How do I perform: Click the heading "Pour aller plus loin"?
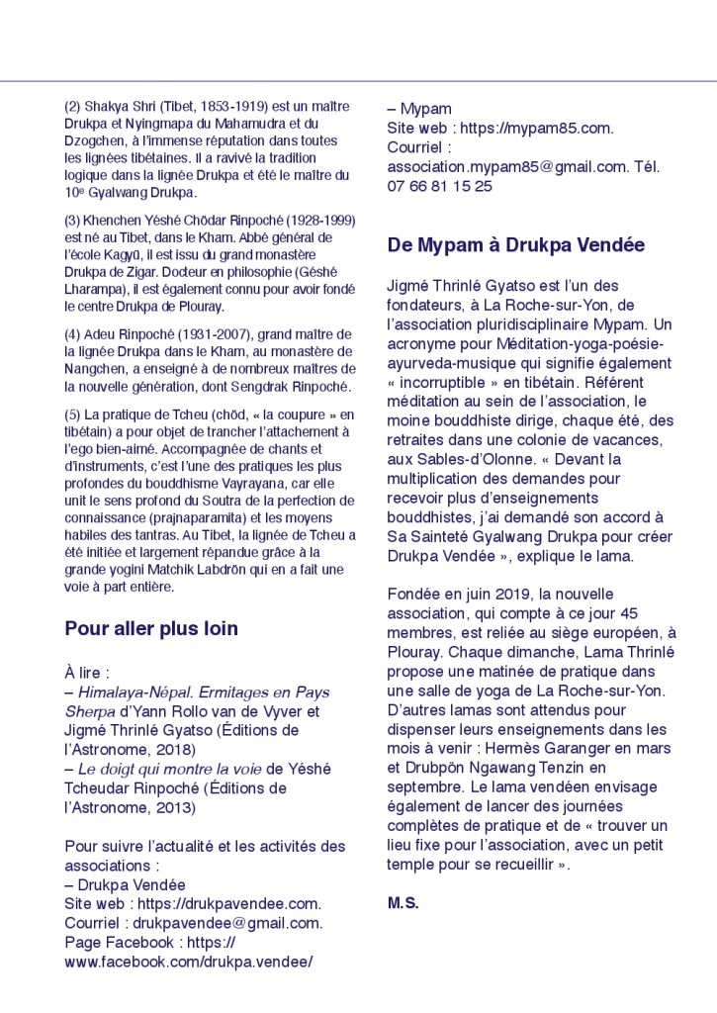click(x=151, y=628)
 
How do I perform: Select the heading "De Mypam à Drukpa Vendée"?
click(x=515, y=244)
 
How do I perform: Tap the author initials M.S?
click(x=403, y=902)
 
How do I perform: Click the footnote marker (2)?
click(x=74, y=106)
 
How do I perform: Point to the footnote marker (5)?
click(x=74, y=414)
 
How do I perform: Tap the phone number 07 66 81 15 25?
click(x=439, y=185)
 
